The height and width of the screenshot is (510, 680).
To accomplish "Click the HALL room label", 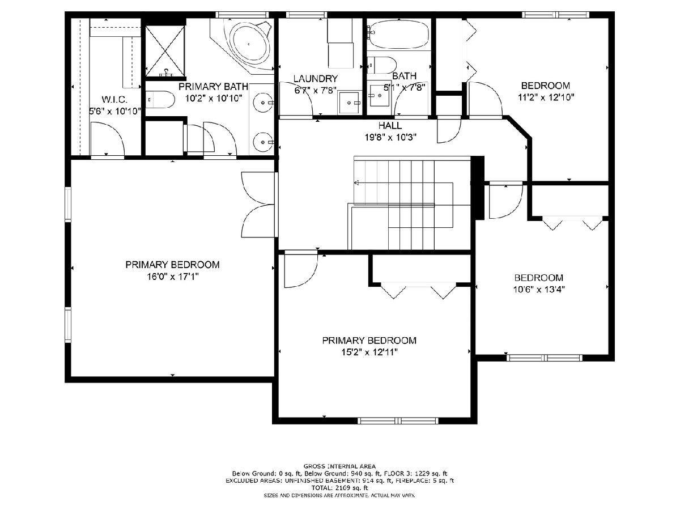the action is tap(390, 125).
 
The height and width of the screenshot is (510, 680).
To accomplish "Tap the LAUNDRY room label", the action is tap(316, 79).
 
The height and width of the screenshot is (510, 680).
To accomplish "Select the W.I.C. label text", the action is tap(114, 99).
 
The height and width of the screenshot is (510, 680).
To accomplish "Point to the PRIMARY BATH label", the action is tap(213, 86).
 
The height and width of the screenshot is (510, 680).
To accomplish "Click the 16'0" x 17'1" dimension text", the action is tap(173, 276).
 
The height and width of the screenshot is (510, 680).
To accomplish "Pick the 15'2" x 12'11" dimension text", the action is tap(369, 352).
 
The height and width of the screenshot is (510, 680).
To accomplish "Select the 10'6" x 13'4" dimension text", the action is tap(539, 289).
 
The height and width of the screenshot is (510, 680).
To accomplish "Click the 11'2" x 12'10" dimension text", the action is tap(546, 97).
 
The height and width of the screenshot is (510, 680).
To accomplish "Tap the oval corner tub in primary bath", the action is tap(250, 44).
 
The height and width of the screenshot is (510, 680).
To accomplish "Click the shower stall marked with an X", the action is tap(165, 50).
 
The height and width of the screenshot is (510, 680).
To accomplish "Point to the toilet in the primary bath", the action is tap(160, 99).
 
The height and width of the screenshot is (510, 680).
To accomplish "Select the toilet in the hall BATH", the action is tap(382, 65).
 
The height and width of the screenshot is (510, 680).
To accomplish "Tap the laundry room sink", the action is tap(350, 102).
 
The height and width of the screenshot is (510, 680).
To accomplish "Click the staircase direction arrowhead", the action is tap(356, 182).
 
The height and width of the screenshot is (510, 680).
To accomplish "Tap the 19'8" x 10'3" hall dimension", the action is tap(390, 137).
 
